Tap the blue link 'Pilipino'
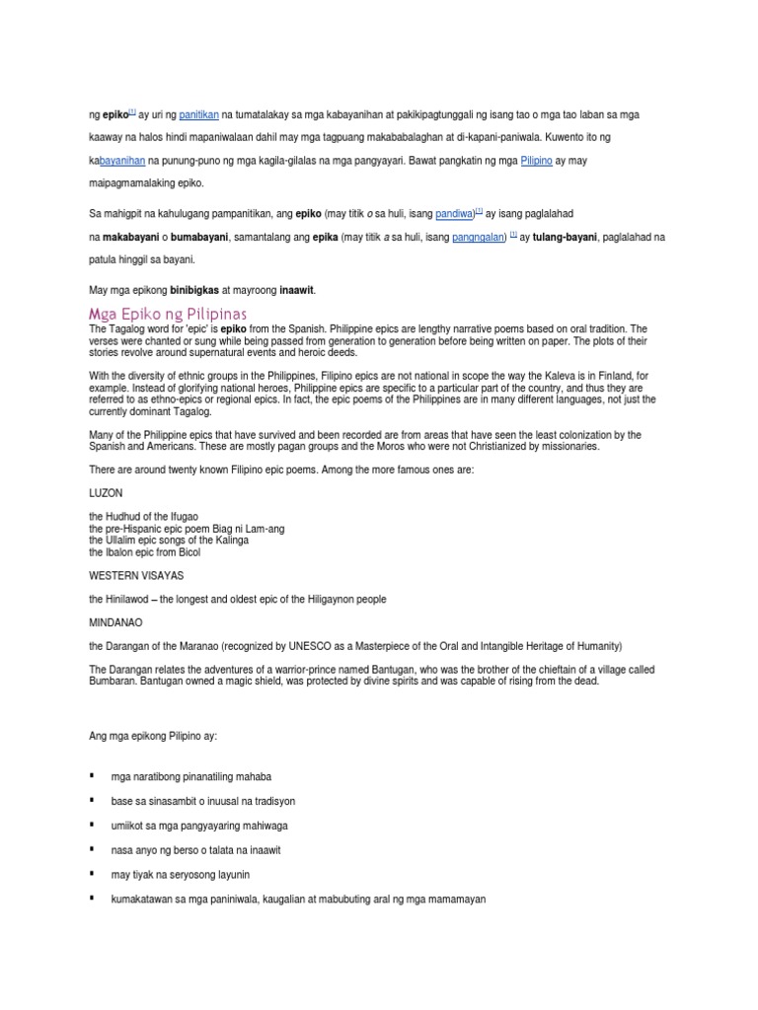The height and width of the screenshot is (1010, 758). tap(540, 160)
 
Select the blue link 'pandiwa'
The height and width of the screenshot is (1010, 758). tap(455, 213)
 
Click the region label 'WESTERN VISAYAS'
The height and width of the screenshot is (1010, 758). tap(136, 574)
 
